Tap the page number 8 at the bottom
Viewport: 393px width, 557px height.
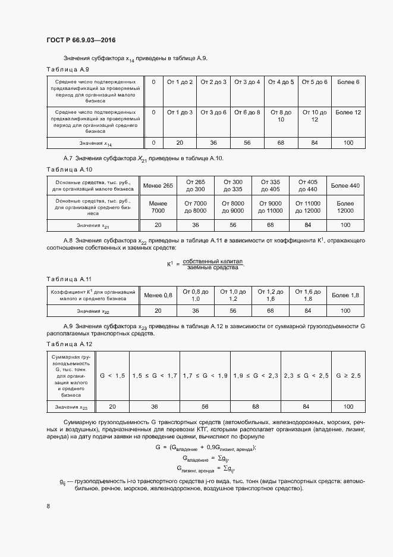tap(48, 506)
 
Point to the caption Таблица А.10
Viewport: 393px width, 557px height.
tap(69, 170)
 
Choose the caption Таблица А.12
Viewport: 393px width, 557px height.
tap(69, 344)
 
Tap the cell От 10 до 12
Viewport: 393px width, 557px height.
tap(314, 116)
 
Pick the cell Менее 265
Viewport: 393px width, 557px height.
tap(158, 186)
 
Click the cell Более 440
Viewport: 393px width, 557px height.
tap(345, 186)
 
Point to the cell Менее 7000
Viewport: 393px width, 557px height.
tap(158, 207)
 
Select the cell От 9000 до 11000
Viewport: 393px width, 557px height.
tap(270, 207)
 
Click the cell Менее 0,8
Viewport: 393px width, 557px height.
tap(158, 295)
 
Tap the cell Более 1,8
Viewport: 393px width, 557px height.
tap(345, 295)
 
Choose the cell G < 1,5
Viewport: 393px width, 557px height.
tap(112, 376)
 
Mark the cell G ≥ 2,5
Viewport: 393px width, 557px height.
tap(348, 376)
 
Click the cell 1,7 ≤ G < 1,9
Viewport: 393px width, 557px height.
tap(205, 376)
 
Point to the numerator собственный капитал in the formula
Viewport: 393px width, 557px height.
tap(213, 262)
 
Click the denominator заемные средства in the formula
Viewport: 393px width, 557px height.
tap(212, 268)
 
